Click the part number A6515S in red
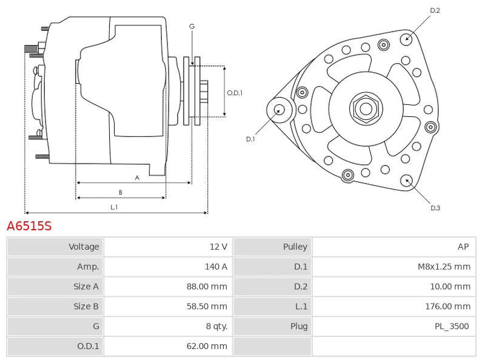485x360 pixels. (x=29, y=227)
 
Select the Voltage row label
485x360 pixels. (x=84, y=247)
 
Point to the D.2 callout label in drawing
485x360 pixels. (x=435, y=10)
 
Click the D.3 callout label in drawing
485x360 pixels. (x=435, y=208)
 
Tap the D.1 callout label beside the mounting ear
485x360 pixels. (x=250, y=139)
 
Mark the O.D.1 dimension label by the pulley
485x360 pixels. (x=235, y=93)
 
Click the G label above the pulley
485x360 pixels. (x=192, y=26)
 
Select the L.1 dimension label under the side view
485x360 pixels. (x=113, y=207)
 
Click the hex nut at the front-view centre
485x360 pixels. (x=366, y=109)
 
